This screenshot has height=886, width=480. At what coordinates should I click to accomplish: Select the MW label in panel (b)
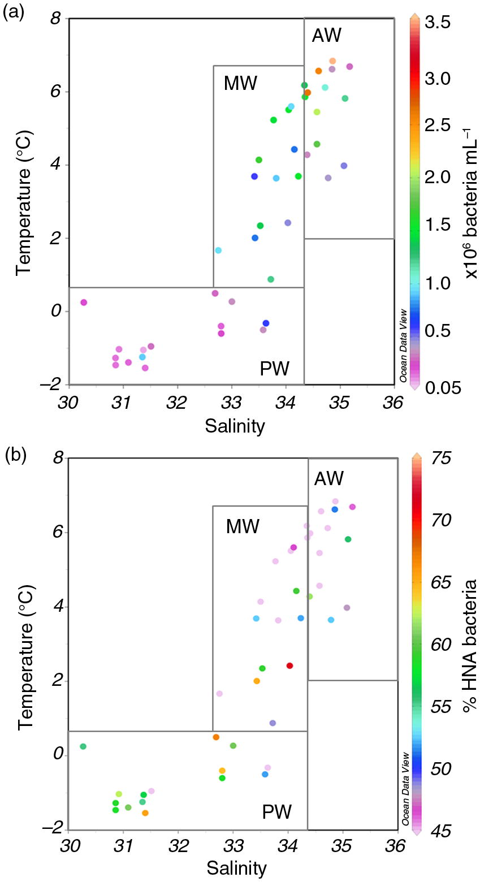(243, 526)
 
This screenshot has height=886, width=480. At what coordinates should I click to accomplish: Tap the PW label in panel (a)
(274, 369)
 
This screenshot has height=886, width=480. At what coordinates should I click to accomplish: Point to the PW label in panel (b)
(276, 812)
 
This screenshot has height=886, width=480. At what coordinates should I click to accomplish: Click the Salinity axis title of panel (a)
(235, 426)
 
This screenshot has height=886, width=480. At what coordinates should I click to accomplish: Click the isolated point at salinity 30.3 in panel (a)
(84, 302)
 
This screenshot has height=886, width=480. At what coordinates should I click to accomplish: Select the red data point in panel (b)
(289, 665)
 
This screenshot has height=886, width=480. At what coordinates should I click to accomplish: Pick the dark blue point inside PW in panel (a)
(266, 323)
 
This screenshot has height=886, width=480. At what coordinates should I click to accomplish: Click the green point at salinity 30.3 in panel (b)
(83, 746)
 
